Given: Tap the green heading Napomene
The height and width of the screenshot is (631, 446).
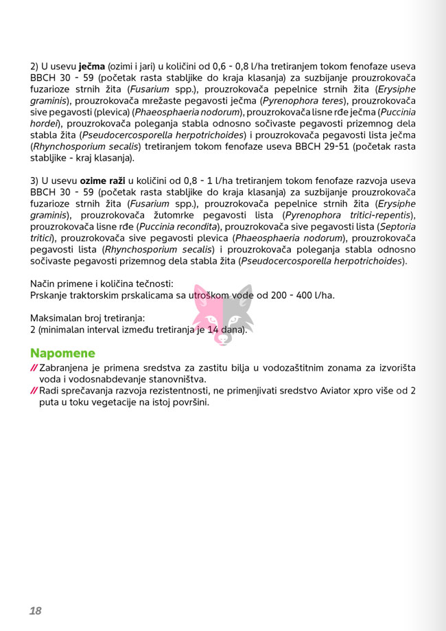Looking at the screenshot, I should point(62,353).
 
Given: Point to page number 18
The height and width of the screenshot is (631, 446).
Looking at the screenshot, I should point(36,610).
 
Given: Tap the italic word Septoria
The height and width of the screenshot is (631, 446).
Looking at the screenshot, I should point(397,226).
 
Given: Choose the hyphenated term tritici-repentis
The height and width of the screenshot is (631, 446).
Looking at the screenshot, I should point(381,215).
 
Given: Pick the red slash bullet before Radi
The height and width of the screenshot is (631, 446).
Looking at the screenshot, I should point(34,391).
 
